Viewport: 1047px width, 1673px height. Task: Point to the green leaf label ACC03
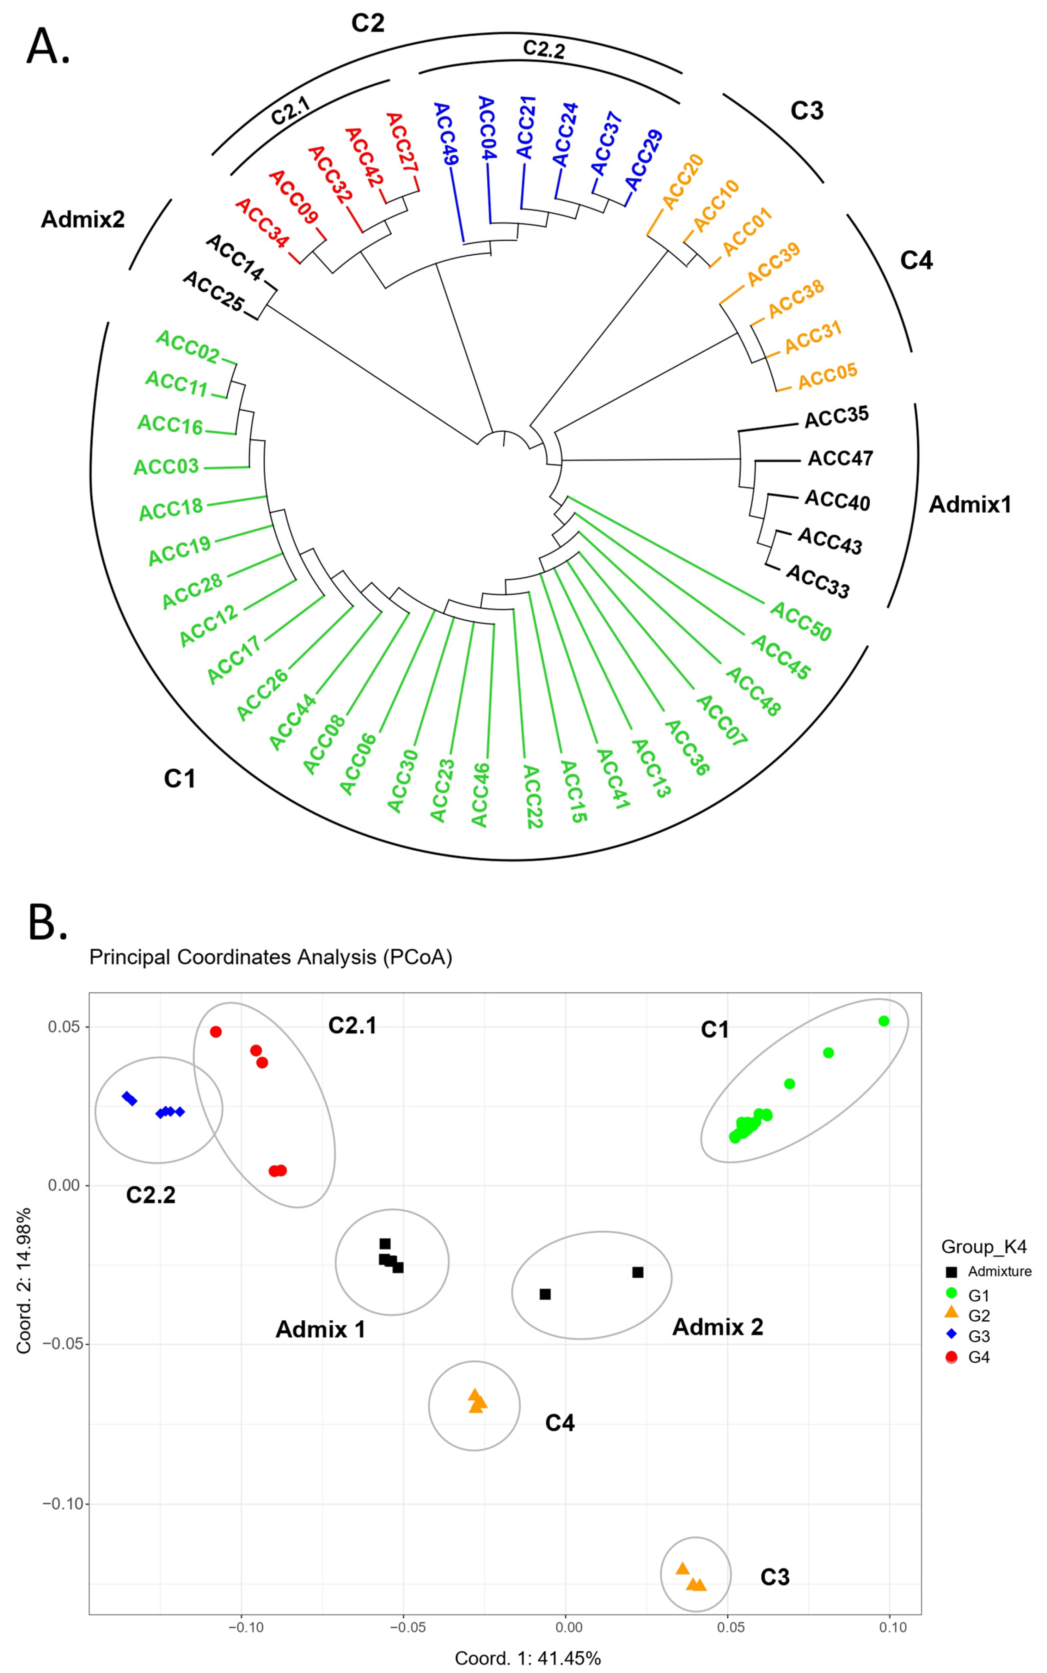click(x=166, y=467)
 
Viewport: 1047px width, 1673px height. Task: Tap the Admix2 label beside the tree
click(x=83, y=220)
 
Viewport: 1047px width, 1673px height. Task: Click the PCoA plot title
click(x=271, y=957)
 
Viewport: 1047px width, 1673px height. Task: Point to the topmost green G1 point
click(x=883, y=1021)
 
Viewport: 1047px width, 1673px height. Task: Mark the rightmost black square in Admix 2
click(x=638, y=1273)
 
